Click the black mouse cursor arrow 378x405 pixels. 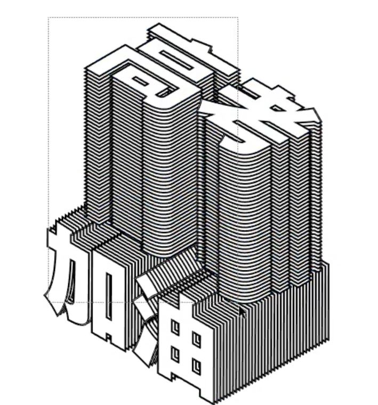pos(243,311)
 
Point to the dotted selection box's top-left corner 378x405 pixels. pos(49,18)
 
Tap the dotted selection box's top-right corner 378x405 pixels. pos(237,18)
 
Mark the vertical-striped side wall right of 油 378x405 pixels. pos(283,341)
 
